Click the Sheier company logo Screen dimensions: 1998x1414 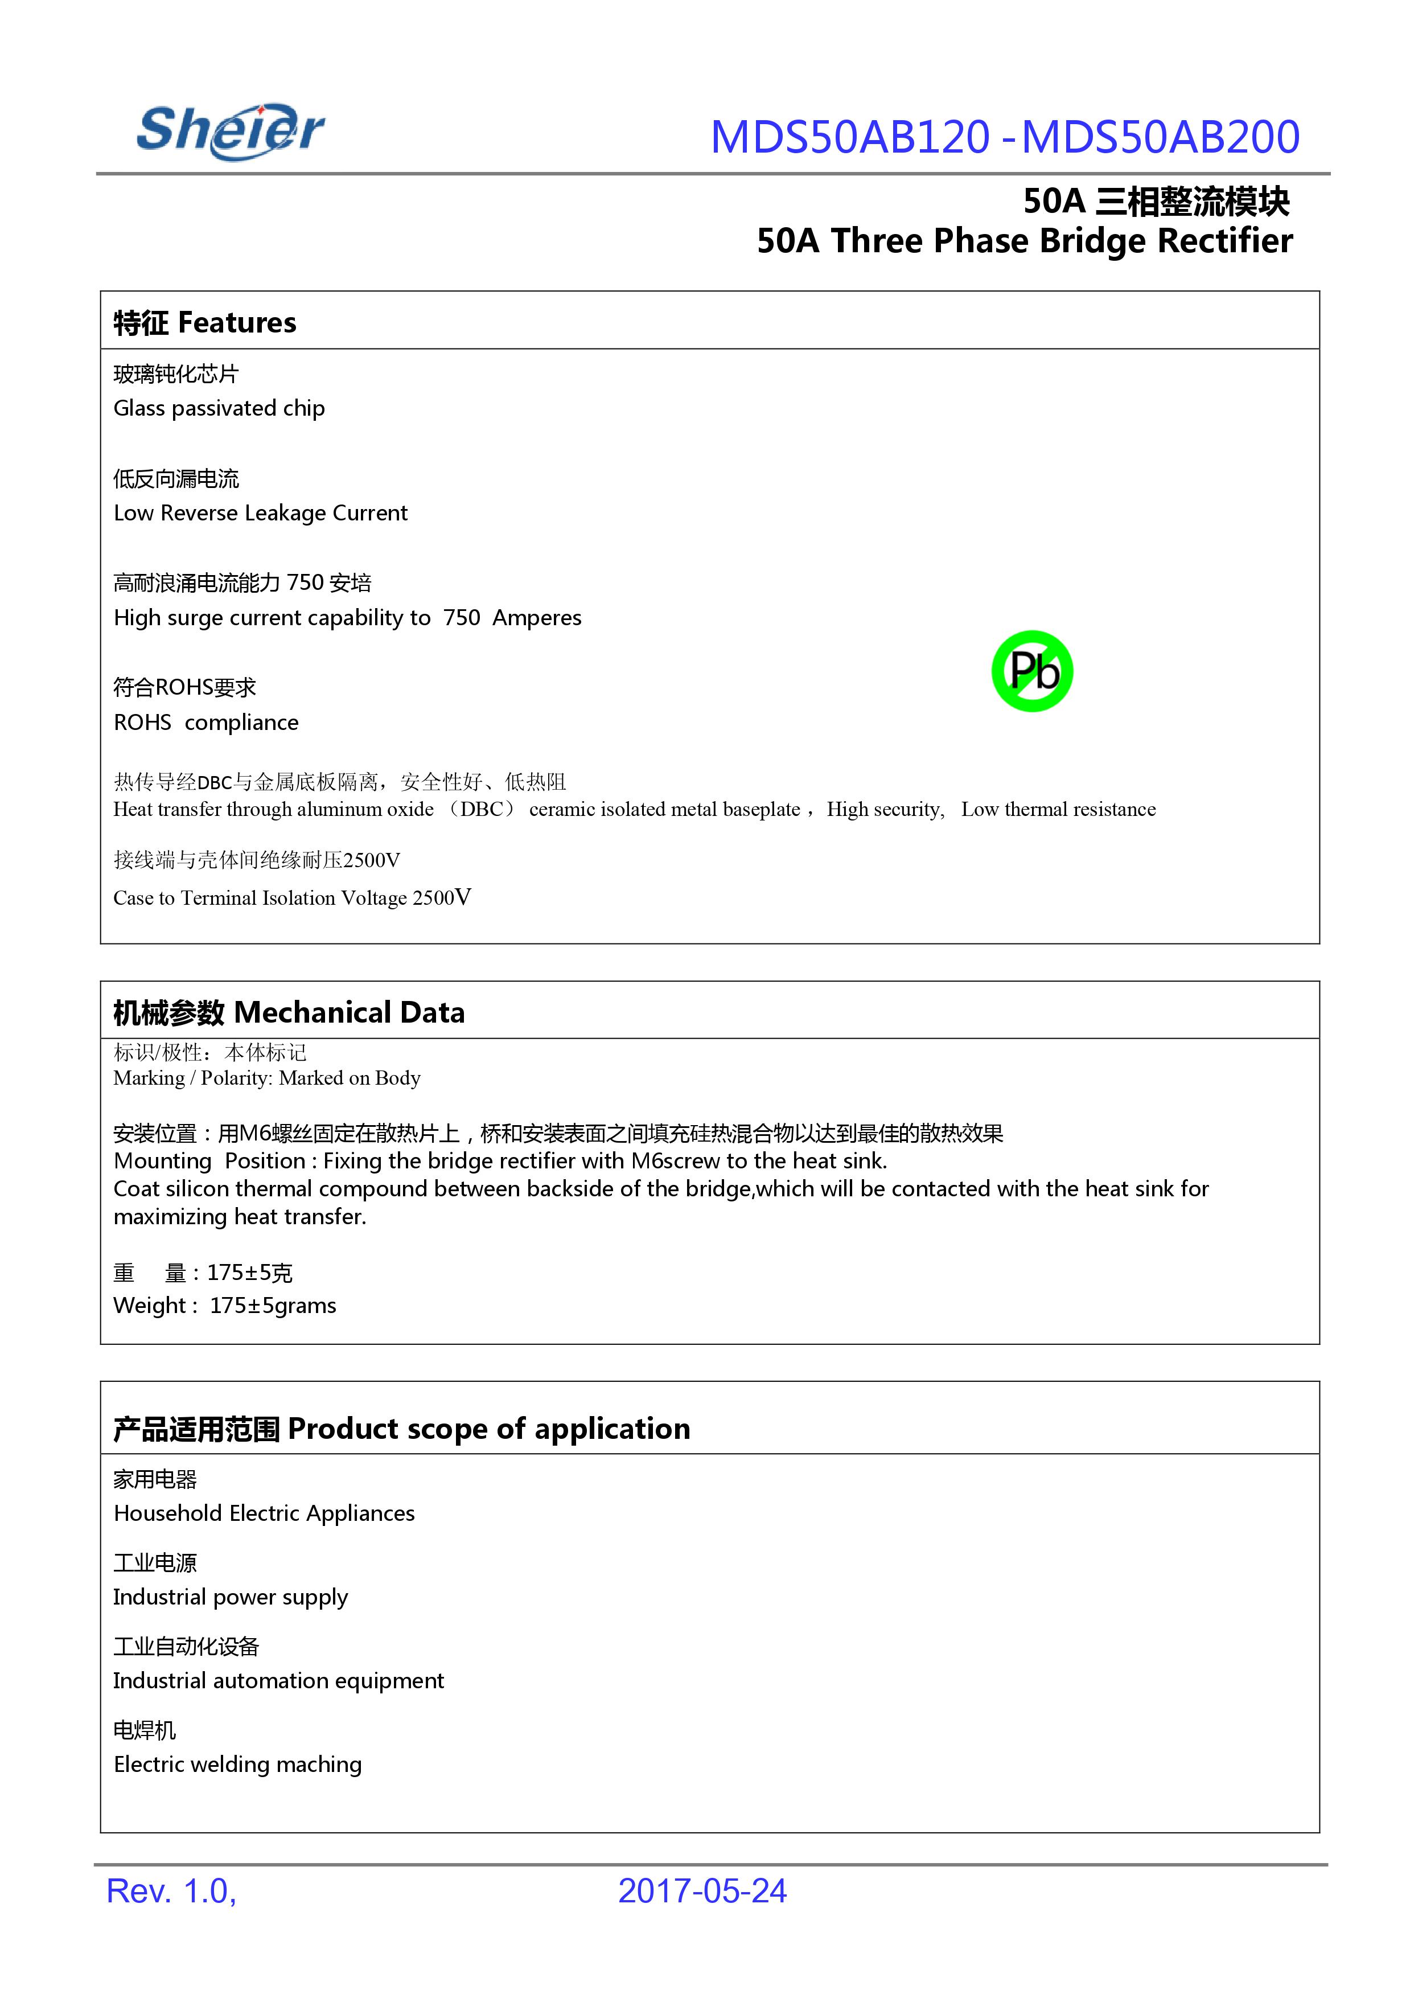[x=231, y=132]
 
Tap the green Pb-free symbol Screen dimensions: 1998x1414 [x=1032, y=671]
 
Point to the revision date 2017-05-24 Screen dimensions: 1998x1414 [x=702, y=1891]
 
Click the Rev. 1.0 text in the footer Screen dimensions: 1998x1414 [x=171, y=1891]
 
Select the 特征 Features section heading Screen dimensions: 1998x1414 [x=204, y=322]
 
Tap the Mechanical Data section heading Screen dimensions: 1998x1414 [x=349, y=1012]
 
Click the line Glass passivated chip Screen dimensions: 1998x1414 [x=219, y=408]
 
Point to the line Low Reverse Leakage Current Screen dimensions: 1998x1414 [x=260, y=513]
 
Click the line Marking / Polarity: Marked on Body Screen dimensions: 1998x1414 [x=266, y=1078]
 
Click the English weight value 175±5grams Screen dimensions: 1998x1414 [x=273, y=1306]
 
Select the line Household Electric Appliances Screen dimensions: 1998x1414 [x=264, y=1513]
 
